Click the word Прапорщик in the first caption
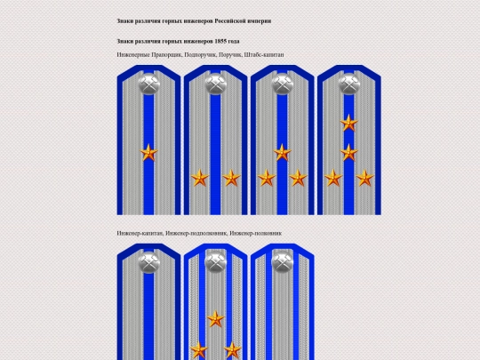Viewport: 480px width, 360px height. pos(167,55)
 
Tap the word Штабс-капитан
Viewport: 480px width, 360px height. pos(264,55)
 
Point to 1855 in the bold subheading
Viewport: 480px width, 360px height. pos(220,41)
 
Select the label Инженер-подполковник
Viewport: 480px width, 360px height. pos(196,233)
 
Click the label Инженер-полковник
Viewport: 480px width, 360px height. pos(256,233)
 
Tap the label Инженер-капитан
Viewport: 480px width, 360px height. pos(140,233)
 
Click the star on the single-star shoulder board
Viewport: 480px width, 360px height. pos(148,153)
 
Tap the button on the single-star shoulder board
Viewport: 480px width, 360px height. pos(148,84)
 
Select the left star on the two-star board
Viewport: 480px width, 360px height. pos(200,178)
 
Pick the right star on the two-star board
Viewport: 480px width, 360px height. pos(231,178)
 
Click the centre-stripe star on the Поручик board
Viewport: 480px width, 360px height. pos(283,153)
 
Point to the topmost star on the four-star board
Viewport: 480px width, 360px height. pos(349,123)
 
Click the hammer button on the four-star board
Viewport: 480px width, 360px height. pos(349,84)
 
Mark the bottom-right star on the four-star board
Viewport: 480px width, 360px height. pos(364,178)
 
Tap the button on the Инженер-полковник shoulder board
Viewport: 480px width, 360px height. pos(283,262)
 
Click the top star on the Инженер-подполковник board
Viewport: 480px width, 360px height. pos(215,319)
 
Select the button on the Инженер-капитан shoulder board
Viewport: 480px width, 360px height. pos(148,262)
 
